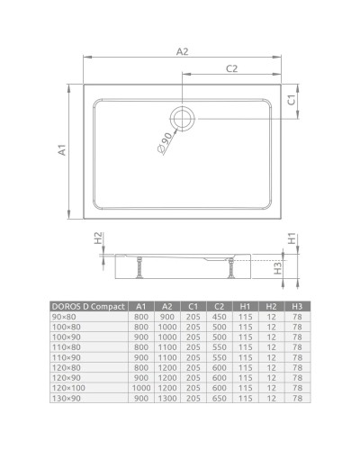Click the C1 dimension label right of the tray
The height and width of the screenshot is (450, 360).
click(292, 102)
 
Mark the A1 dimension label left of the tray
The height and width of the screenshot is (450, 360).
click(63, 150)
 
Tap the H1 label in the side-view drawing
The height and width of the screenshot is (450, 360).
click(291, 240)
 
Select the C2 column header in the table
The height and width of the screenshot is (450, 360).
click(218, 307)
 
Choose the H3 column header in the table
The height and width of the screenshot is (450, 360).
click(296, 307)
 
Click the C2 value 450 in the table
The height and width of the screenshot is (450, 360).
click(218, 318)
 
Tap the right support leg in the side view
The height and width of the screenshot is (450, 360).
click(236, 267)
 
